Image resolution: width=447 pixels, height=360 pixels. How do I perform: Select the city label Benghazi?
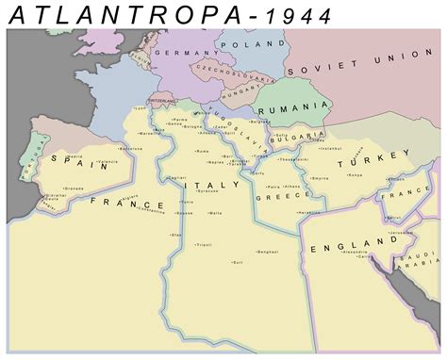[x=267, y=252]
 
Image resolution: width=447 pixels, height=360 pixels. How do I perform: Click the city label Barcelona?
[x=131, y=147]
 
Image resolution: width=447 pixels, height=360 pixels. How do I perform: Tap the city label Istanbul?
[x=331, y=148]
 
